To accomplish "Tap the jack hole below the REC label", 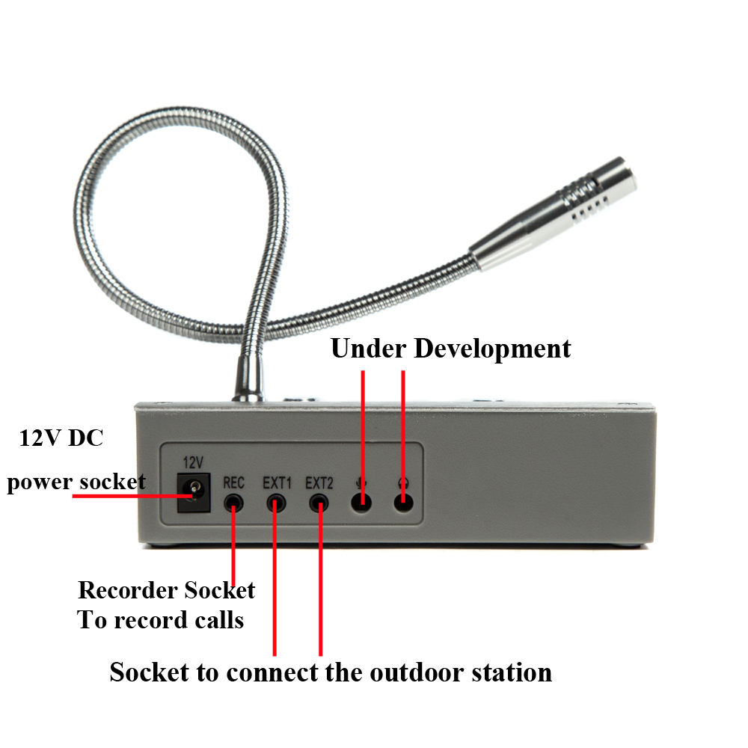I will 234,502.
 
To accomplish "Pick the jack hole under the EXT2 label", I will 320,502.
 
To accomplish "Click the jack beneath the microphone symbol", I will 362,502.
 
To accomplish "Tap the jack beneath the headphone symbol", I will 404,502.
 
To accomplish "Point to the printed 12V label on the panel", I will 193,462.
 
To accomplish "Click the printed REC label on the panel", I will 234,482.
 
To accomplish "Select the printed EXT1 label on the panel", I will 277,482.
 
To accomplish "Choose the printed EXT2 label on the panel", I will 319,482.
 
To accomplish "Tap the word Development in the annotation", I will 493,349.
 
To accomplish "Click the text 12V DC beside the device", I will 61,438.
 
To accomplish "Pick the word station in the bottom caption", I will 512,672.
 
